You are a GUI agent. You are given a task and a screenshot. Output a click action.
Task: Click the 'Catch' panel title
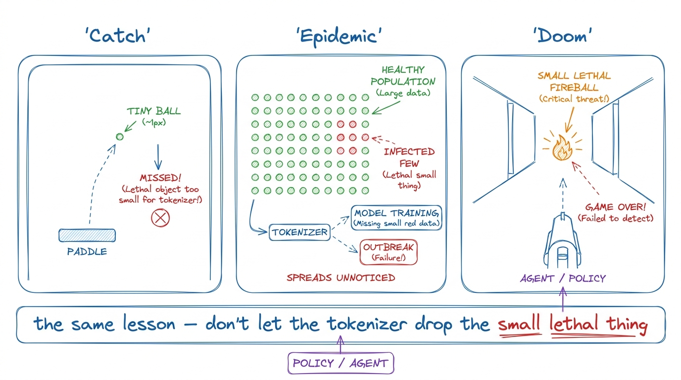pyautogui.click(x=118, y=36)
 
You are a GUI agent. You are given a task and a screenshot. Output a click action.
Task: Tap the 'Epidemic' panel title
pyautogui.click(x=339, y=37)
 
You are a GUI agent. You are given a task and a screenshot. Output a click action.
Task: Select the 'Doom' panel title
pyautogui.click(x=562, y=36)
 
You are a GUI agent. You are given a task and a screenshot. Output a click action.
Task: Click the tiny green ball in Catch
pyautogui.click(x=120, y=137)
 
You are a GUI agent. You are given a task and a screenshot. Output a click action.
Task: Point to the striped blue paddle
pyautogui.click(x=87, y=236)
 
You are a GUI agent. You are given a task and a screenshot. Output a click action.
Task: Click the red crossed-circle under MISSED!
pyautogui.click(x=160, y=218)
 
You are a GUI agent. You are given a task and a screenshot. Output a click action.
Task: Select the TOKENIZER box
pyautogui.click(x=299, y=233)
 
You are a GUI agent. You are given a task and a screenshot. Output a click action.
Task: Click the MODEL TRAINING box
pyautogui.click(x=396, y=218)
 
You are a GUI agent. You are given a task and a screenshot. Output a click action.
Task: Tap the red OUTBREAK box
pyautogui.click(x=389, y=252)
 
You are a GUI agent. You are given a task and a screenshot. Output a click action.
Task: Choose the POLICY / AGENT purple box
pyautogui.click(x=341, y=363)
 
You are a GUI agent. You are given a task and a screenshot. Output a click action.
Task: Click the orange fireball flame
pyautogui.click(x=562, y=148)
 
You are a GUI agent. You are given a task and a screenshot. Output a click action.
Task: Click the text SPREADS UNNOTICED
pyautogui.click(x=341, y=278)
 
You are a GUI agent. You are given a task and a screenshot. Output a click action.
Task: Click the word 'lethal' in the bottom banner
pyautogui.click(x=574, y=324)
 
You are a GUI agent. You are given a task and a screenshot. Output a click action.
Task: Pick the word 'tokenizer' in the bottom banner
pyautogui.click(x=367, y=324)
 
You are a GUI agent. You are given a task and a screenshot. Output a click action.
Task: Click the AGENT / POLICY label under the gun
pyautogui.click(x=563, y=278)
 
